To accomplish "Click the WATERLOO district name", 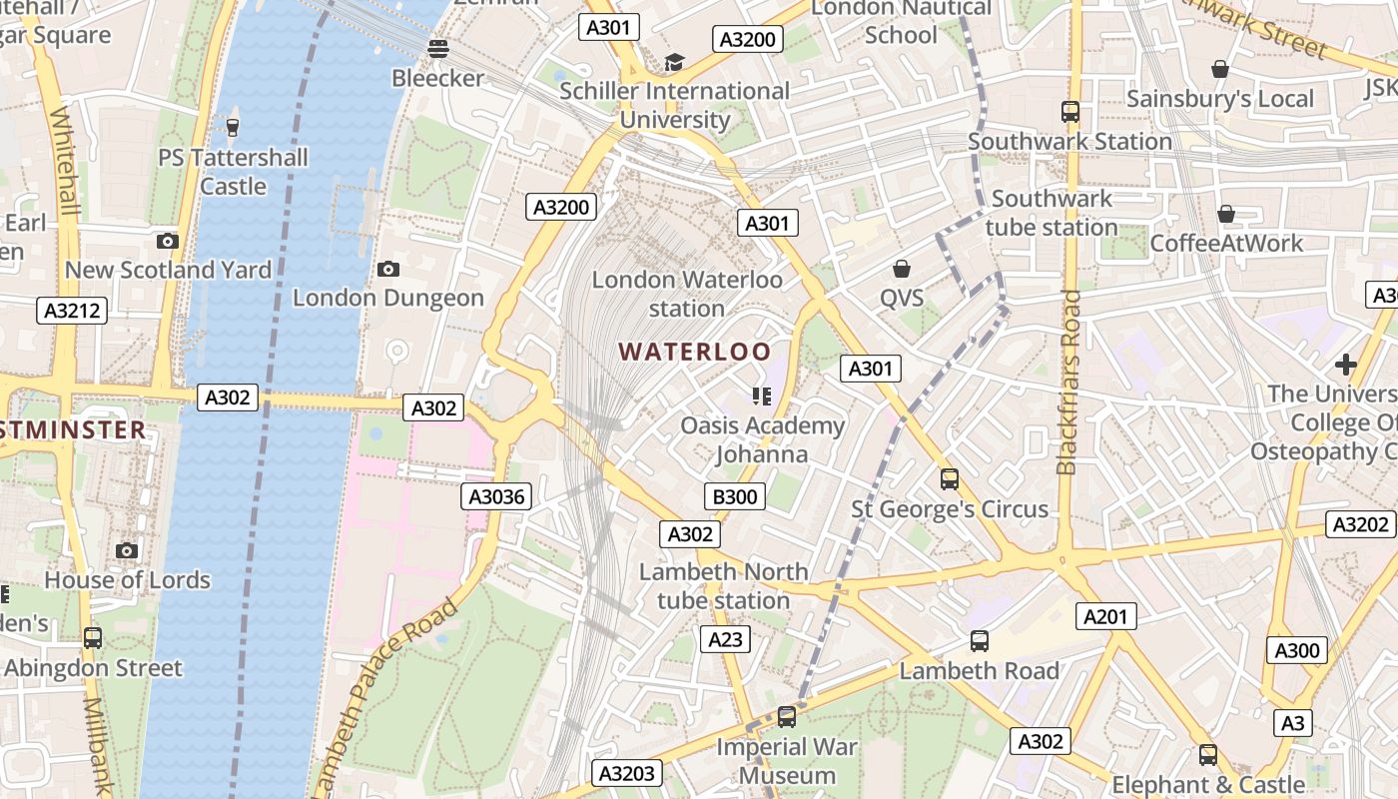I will pyautogui.click(x=695, y=352).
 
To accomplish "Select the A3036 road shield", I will pyautogui.click(x=496, y=495).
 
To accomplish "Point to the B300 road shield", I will pyautogui.click(x=735, y=496).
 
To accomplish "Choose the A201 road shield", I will pyautogui.click(x=1106, y=616).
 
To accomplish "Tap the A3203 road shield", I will pyautogui.click(x=627, y=773).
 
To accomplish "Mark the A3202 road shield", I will pyautogui.click(x=1361, y=524).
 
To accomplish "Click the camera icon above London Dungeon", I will pyautogui.click(x=388, y=269).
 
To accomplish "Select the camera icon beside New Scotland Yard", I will pyautogui.click(x=168, y=241).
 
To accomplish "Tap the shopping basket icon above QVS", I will pyautogui.click(x=902, y=269).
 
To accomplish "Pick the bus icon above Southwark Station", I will pyautogui.click(x=1070, y=112).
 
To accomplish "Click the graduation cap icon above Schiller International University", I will pyautogui.click(x=674, y=63).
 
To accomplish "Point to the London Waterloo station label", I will pyautogui.click(x=687, y=294).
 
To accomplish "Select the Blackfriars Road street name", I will pyautogui.click(x=1069, y=383).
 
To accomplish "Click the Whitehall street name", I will pyautogui.click(x=65, y=160).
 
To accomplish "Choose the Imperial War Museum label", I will pyautogui.click(x=789, y=761).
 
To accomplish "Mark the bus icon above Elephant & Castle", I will pyautogui.click(x=1208, y=755).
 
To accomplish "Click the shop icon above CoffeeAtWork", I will pyautogui.click(x=1225, y=214).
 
